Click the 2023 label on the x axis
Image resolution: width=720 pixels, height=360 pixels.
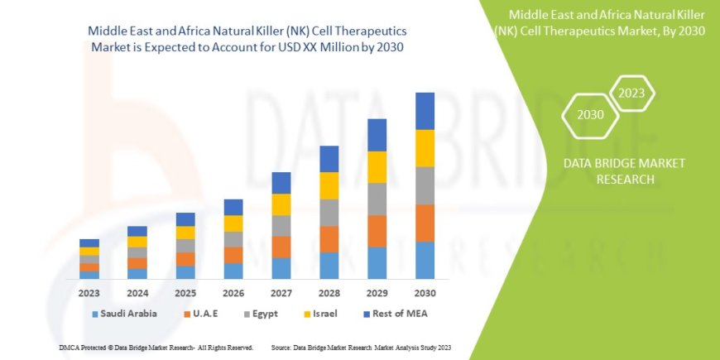pos(89,293)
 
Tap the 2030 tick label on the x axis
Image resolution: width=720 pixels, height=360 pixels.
pos(425,293)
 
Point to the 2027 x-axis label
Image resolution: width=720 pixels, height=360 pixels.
pos(281,293)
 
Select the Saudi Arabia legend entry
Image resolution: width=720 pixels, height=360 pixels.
pos(124,314)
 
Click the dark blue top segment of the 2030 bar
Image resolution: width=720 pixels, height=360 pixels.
pos(425,111)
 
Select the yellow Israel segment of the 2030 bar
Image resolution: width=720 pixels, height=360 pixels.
pos(425,148)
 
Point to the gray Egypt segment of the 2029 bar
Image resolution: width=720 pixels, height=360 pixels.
pos(377,199)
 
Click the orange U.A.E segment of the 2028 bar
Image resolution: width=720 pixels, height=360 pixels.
pos(329,239)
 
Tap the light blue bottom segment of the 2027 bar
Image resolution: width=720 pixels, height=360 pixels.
pos(281,268)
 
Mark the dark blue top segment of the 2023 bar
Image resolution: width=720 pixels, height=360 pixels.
pos(89,242)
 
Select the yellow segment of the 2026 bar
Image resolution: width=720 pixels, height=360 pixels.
pos(233,223)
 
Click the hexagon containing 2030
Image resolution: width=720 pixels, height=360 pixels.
pos(590,114)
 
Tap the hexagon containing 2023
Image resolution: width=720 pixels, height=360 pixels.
pos(632,93)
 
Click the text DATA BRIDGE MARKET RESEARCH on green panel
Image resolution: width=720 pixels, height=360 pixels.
pos(619,171)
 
